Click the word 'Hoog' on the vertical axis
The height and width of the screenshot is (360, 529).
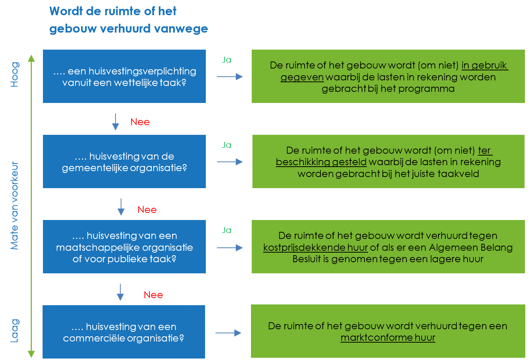14,74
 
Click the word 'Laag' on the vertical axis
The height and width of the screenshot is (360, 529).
14,331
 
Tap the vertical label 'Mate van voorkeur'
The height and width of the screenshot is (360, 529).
14,206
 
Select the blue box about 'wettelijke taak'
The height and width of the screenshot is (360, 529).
124,76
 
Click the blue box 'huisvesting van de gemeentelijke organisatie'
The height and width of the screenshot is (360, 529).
124,161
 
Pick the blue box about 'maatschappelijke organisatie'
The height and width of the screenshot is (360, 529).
124,247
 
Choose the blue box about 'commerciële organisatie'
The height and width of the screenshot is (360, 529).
124,332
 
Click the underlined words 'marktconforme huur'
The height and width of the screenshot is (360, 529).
388,338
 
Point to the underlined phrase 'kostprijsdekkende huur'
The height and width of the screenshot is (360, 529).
315,247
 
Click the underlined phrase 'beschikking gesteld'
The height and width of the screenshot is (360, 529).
321,162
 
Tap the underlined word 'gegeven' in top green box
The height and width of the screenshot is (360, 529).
302,77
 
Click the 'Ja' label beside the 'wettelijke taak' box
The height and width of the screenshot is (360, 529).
227,60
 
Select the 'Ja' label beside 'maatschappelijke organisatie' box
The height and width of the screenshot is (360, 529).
227,230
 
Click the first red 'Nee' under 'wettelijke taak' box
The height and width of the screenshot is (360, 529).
140,122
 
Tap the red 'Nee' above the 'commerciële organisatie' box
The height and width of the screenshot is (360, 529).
153,295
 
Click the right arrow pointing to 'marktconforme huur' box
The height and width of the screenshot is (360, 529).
228,333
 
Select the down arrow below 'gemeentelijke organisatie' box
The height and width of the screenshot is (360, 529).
121,207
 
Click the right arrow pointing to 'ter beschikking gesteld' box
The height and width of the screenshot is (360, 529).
230,162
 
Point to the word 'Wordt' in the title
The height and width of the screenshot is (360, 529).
66,11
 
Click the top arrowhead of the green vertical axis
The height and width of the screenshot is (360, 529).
31,58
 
